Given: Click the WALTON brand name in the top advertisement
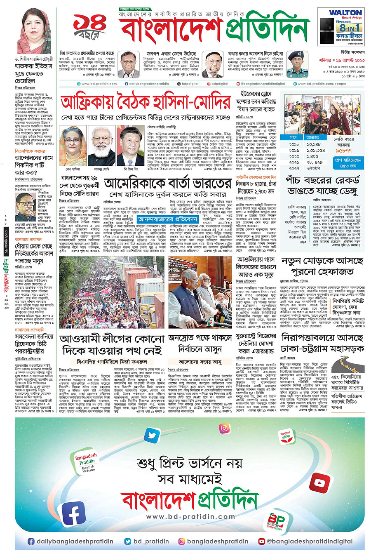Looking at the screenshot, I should pos(345,13).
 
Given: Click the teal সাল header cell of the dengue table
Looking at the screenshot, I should pos(294,137).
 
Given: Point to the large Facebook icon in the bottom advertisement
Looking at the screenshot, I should pos(74,516).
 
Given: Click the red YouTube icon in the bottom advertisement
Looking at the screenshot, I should pos(319,482).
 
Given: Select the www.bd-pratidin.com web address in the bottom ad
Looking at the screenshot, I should pos(190,516).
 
